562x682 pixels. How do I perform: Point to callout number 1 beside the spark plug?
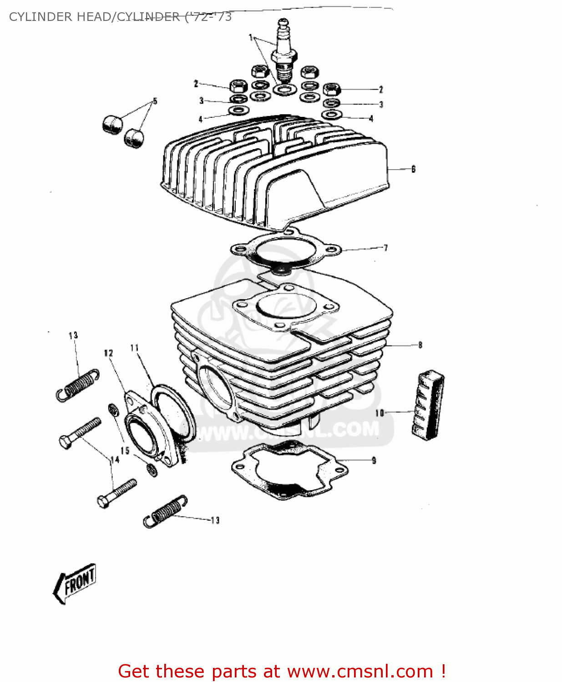(251, 37)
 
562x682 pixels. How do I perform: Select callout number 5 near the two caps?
(155, 101)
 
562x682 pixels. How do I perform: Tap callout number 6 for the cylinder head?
(413, 169)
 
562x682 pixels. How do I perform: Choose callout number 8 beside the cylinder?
(420, 345)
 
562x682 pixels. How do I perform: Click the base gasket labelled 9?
(284, 471)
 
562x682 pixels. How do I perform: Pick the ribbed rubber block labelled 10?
(428, 405)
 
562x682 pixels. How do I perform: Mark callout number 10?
(380, 413)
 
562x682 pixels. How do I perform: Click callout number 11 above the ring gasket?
(134, 348)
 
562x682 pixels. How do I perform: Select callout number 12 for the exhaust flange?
(108, 353)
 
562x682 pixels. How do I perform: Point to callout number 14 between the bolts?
(115, 460)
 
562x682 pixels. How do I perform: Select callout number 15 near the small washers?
(125, 451)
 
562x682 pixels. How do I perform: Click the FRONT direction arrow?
(75, 584)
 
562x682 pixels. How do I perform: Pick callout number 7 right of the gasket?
(385, 248)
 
